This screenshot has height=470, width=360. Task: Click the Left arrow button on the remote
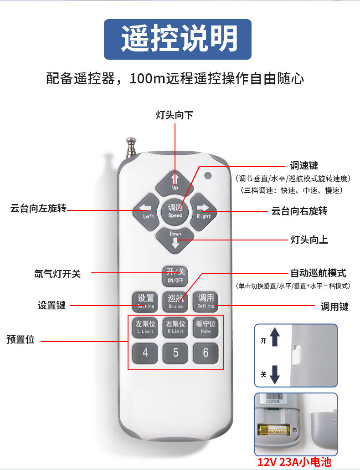(x=147, y=211)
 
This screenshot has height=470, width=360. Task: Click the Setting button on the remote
(x=146, y=301)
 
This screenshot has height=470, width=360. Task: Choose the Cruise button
(x=175, y=301)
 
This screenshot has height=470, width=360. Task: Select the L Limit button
(x=146, y=327)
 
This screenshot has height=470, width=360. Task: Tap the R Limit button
(x=175, y=327)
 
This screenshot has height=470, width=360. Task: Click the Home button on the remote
(x=206, y=327)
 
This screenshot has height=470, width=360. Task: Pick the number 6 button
(x=206, y=353)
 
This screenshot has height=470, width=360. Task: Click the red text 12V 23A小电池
(x=294, y=462)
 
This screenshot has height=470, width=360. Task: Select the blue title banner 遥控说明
(x=178, y=39)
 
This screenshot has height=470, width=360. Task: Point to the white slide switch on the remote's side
(x=296, y=354)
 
